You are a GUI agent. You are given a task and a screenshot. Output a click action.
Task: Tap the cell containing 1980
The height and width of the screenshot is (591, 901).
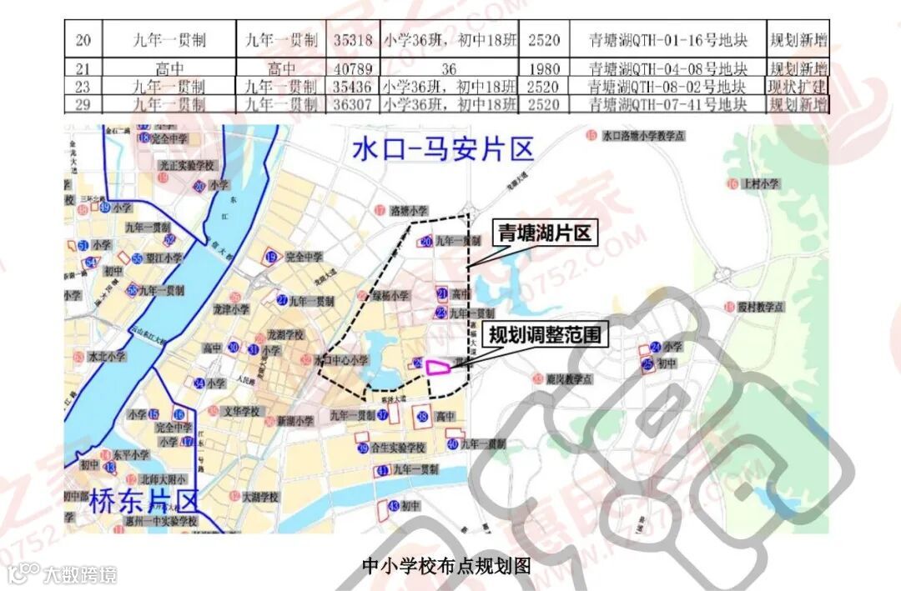(x=544, y=68)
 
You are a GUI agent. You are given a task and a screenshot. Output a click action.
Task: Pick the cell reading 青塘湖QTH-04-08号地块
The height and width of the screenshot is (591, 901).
(x=667, y=68)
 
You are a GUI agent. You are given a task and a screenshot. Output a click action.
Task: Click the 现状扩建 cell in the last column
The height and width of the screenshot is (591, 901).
(x=798, y=86)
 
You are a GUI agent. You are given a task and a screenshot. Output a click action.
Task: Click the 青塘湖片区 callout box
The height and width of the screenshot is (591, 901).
(x=545, y=233)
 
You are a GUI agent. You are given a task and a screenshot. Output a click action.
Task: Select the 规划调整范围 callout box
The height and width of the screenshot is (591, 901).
(x=545, y=335)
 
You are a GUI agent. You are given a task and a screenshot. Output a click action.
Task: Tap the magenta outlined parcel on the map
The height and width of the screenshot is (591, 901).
(x=440, y=365)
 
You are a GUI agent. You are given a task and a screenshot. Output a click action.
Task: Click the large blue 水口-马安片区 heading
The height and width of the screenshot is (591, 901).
(x=442, y=150)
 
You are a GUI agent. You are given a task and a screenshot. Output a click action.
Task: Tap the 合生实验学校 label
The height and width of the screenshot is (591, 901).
(x=399, y=448)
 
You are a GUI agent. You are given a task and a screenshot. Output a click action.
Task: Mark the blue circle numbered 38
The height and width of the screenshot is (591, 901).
(x=423, y=416)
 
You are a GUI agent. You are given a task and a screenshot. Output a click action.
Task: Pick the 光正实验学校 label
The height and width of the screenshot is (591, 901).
(x=193, y=166)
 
